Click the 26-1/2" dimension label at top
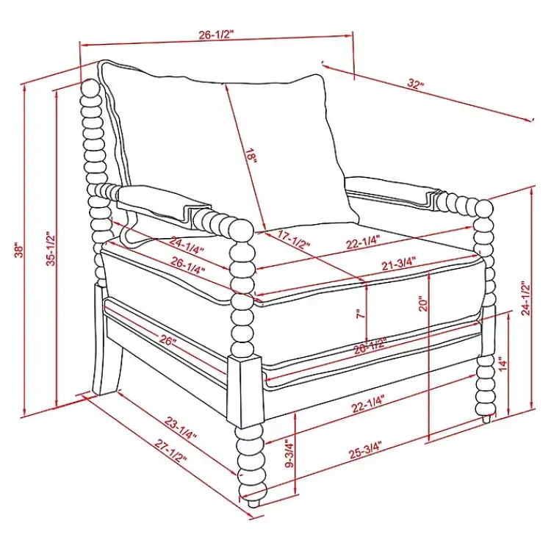[x=216, y=35]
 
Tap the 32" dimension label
[x=416, y=84]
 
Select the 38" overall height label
[x=19, y=250]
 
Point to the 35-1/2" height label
[x=51, y=248]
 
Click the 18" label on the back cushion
[x=251, y=155]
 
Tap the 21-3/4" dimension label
[x=399, y=263]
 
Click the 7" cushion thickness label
[x=359, y=314]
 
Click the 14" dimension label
[x=503, y=364]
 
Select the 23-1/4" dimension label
[x=180, y=429]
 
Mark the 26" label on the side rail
[x=168, y=340]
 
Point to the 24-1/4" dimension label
[x=187, y=245]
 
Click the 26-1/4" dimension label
[x=188, y=265]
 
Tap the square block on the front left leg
[x=245, y=391]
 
